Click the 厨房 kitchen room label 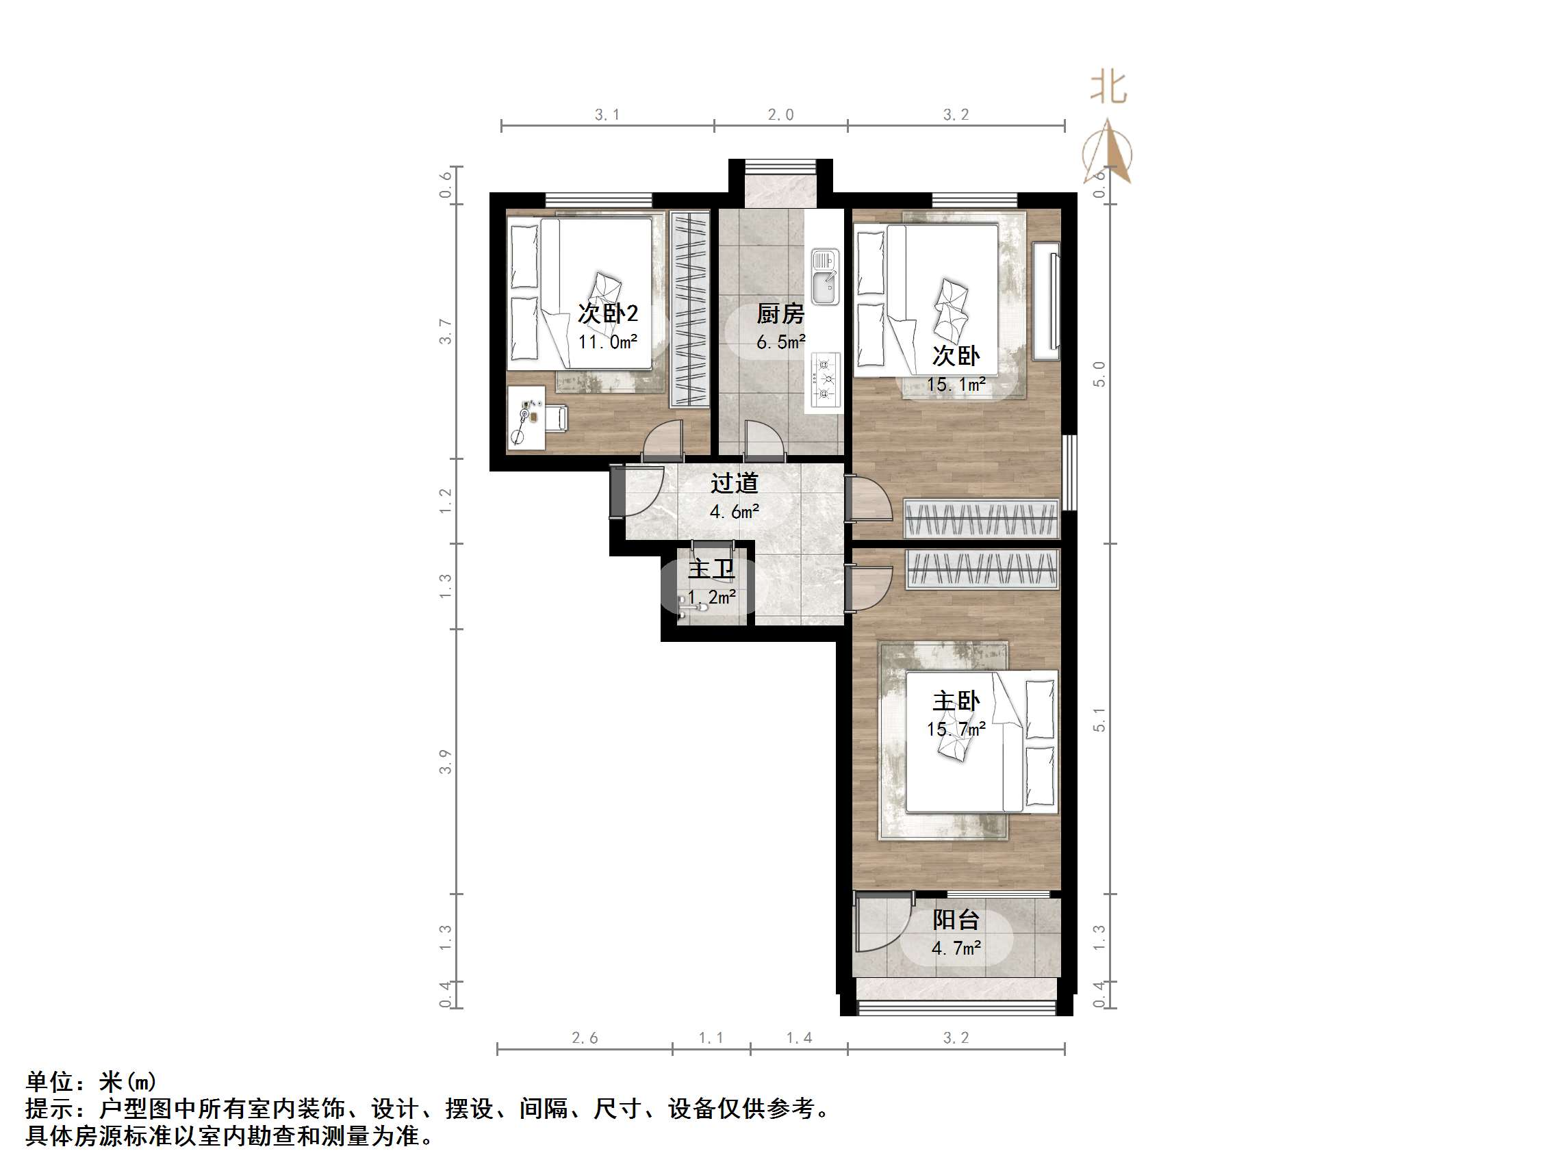[780, 313]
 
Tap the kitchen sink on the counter [825, 277]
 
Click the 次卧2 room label [608, 313]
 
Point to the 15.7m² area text [956, 729]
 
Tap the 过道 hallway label [735, 483]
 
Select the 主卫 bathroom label [711, 569]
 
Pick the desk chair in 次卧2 [557, 417]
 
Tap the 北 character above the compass [1108, 88]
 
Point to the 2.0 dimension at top [780, 115]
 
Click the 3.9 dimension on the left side [445, 762]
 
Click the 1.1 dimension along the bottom [711, 1038]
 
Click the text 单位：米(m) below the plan [90, 1081]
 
